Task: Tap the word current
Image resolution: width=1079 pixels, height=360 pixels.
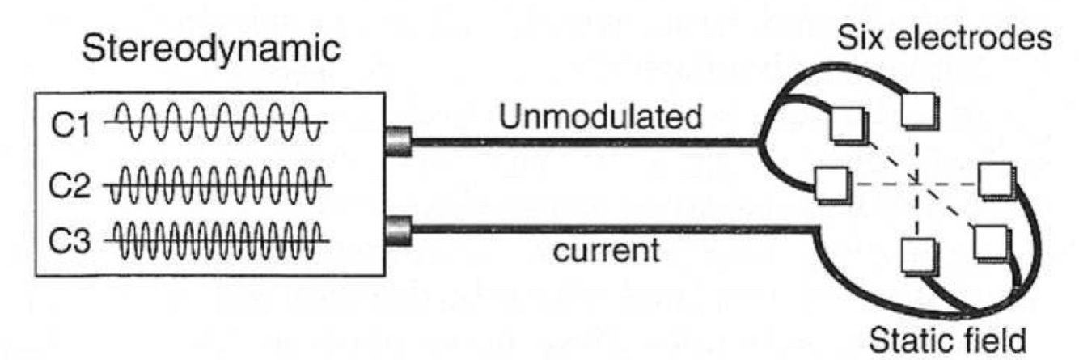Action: point(607,257)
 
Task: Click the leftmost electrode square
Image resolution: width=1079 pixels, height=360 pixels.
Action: point(832,186)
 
